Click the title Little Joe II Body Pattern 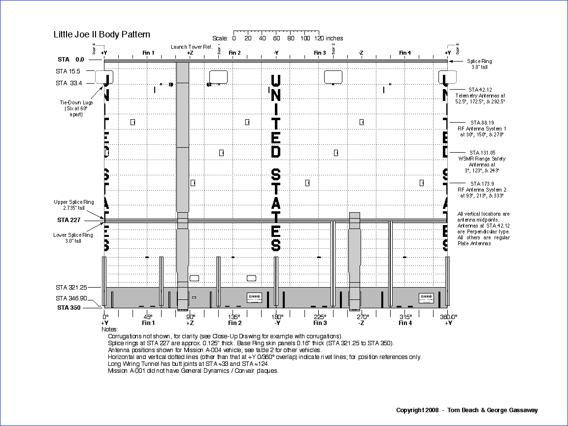(x=102, y=34)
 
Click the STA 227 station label (x=68, y=220)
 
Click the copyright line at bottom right (x=467, y=410)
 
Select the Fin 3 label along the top (x=320, y=53)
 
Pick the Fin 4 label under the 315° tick (x=405, y=323)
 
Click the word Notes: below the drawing (x=110, y=329)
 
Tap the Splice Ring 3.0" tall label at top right (x=479, y=64)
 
